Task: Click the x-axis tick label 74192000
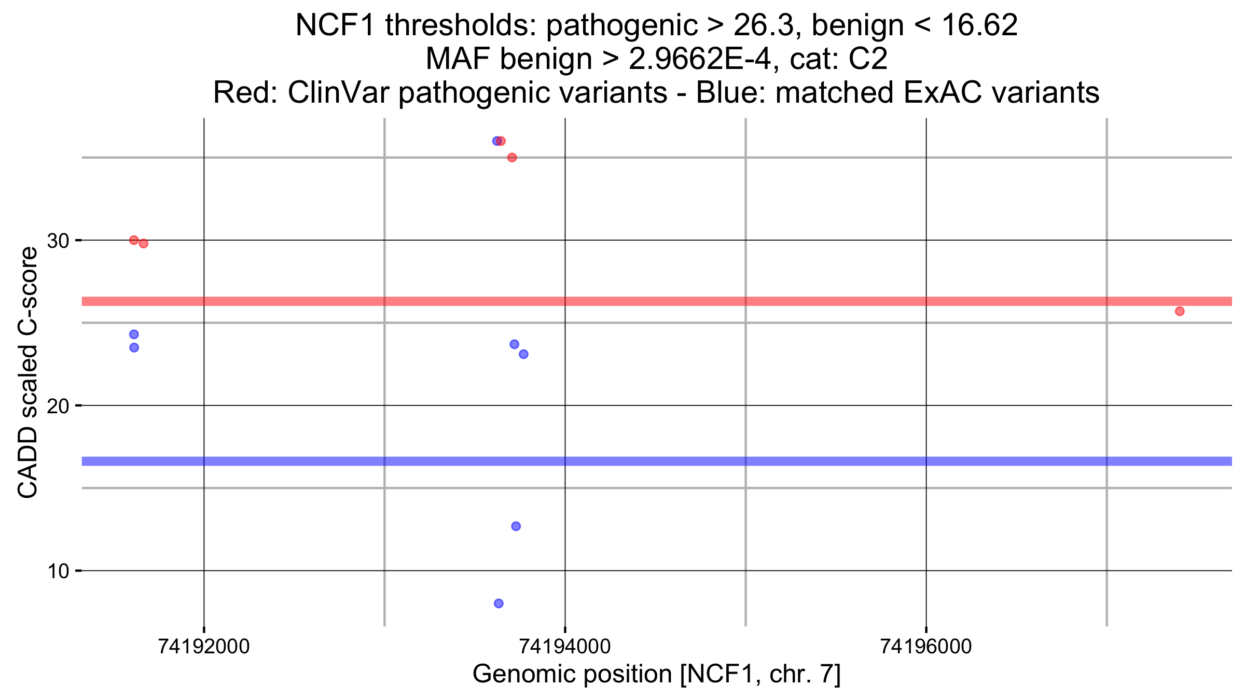click(x=204, y=647)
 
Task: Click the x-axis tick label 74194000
click(x=565, y=647)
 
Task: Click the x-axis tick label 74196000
click(x=926, y=647)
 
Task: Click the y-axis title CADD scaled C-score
click(x=27, y=372)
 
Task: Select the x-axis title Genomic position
click(x=656, y=674)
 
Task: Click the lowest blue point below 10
click(x=499, y=604)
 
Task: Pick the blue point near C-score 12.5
click(x=516, y=526)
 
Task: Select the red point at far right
click(x=1180, y=311)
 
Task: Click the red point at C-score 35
click(x=512, y=158)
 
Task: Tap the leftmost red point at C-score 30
click(x=134, y=240)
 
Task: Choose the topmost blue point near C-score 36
click(x=496, y=141)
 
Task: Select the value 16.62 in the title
click(x=979, y=25)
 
